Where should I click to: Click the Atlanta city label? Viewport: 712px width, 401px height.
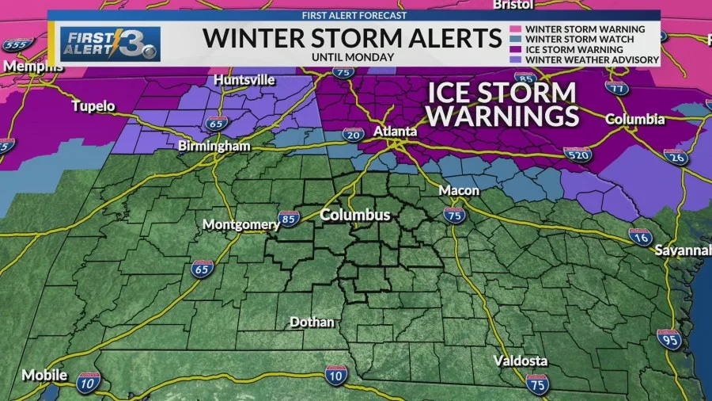(396, 131)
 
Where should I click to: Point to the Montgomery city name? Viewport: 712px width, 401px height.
(241, 224)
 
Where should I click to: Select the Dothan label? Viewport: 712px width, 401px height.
(312, 323)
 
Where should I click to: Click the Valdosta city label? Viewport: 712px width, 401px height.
(520, 361)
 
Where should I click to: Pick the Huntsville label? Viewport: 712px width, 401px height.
(244, 81)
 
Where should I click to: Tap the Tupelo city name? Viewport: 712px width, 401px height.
(93, 106)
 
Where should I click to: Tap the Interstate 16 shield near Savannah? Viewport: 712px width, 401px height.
(639, 235)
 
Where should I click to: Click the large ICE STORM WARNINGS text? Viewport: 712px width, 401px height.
(502, 104)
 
